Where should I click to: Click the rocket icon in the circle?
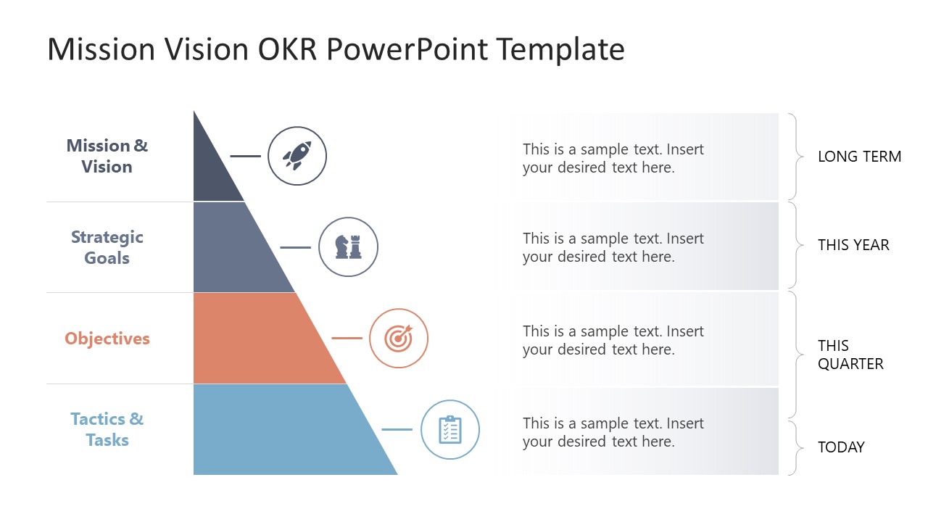click(x=297, y=156)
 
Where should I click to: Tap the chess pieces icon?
click(x=348, y=247)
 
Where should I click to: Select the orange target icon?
click(x=399, y=338)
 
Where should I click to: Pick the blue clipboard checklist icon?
click(x=450, y=430)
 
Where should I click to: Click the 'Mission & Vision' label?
click(x=107, y=156)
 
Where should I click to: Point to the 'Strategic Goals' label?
click(x=107, y=247)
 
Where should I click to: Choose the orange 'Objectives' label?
click(x=107, y=339)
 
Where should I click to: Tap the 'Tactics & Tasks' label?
click(x=107, y=430)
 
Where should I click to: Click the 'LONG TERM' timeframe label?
click(x=860, y=157)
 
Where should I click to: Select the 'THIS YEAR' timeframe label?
click(x=853, y=245)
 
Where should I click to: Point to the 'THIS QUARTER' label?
click(x=850, y=355)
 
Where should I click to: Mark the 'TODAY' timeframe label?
click(x=841, y=447)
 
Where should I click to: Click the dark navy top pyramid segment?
click(x=211, y=170)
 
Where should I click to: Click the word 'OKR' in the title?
click(x=287, y=49)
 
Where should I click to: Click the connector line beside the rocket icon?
click(x=245, y=156)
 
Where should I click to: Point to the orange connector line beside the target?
click(x=347, y=338)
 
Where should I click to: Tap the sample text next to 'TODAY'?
click(x=613, y=433)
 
